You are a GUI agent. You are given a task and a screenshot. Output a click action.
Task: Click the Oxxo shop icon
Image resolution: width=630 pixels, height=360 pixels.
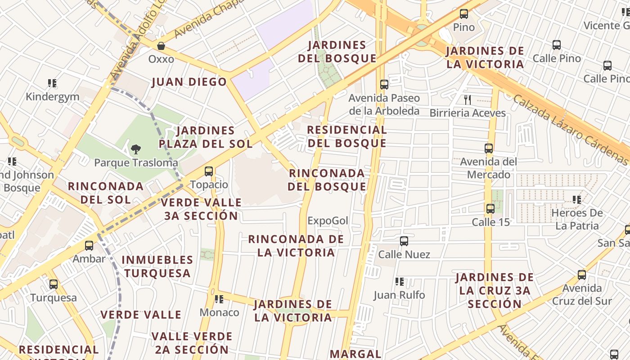(161, 46)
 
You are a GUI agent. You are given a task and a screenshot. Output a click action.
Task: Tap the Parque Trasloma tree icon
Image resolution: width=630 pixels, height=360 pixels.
(135, 149)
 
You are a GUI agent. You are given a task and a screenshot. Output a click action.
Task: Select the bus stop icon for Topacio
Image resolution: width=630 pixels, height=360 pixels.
(209, 171)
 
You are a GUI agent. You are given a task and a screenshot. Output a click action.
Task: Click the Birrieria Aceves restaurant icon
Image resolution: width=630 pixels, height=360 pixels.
(468, 99)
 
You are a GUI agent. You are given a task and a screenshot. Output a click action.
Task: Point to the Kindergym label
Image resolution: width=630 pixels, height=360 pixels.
(52, 97)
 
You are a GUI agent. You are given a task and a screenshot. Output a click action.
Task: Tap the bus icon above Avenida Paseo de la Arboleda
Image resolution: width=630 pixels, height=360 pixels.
(384, 85)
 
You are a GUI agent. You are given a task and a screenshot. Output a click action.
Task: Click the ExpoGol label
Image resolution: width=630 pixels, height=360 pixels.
(328, 220)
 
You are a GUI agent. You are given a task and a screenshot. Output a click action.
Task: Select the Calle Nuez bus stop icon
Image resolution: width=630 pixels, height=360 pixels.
(404, 241)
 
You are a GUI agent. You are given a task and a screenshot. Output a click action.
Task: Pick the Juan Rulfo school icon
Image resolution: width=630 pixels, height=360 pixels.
(399, 282)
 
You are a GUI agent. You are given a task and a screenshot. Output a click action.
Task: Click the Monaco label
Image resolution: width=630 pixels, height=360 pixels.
(219, 312)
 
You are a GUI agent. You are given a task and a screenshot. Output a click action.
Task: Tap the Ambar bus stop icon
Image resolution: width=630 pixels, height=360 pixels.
(89, 246)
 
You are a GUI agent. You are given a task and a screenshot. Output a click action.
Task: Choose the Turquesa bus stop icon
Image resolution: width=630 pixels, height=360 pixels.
(54, 284)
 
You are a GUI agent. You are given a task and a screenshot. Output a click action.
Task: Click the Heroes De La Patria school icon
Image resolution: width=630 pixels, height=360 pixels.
(576, 199)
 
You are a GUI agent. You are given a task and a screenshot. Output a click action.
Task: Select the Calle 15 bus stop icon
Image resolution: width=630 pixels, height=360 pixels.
(490, 209)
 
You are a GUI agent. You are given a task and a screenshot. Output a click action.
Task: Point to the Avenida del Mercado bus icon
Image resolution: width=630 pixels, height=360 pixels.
(489, 148)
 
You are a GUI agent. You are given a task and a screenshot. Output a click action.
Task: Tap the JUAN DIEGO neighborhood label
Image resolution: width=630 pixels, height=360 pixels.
(189, 82)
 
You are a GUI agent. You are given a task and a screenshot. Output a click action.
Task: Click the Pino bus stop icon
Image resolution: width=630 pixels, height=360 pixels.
(464, 14)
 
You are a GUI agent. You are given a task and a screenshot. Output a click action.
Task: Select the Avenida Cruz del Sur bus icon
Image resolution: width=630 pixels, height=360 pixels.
(582, 275)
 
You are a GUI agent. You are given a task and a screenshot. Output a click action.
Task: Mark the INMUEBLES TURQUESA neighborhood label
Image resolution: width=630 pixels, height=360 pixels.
(157, 266)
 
